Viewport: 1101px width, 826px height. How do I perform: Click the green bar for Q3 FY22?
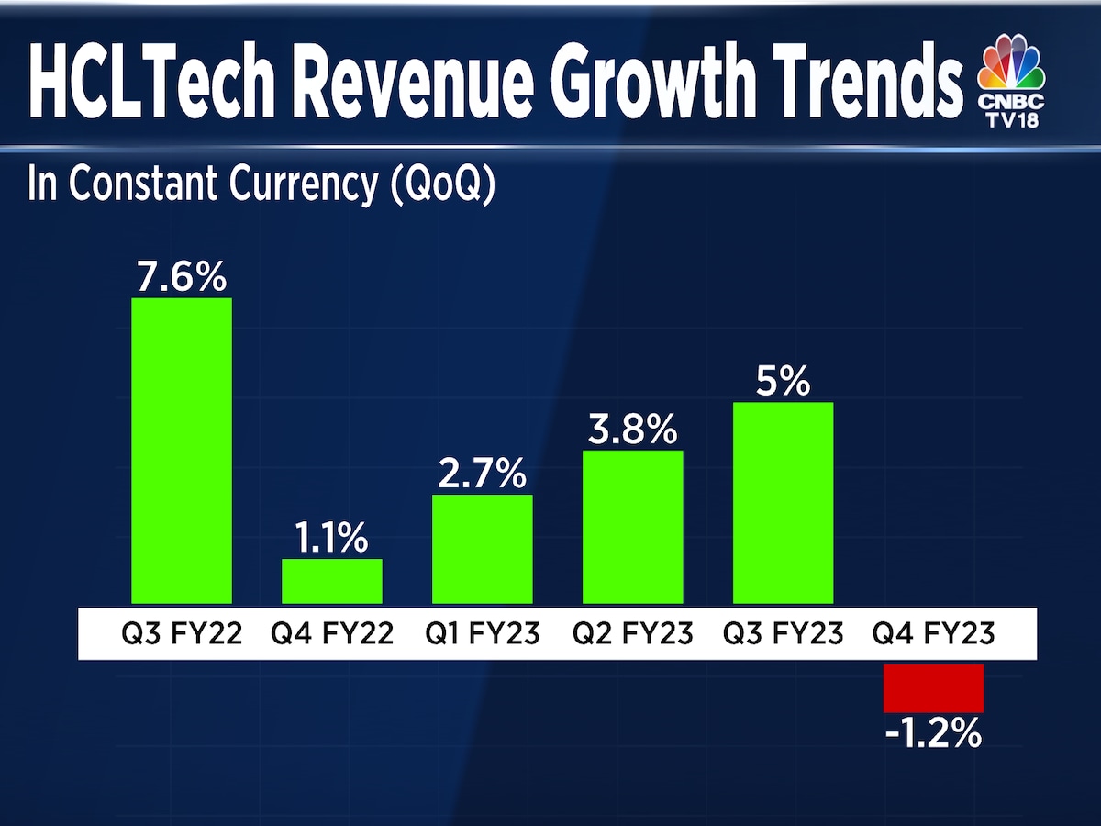click(182, 450)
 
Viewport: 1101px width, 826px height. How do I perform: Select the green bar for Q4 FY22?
click(331, 580)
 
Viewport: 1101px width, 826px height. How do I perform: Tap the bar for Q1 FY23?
click(482, 548)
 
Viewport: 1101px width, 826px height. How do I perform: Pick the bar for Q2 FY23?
click(633, 526)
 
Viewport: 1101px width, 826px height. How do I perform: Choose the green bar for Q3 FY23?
click(783, 502)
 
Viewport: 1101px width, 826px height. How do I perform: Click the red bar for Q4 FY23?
click(933, 688)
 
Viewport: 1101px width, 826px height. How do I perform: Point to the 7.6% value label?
click(182, 276)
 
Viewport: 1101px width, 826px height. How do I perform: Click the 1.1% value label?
click(331, 539)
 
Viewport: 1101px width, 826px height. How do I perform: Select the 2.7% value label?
click(482, 474)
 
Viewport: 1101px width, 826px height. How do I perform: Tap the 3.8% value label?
click(633, 430)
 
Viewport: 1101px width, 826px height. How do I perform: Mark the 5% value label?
click(783, 382)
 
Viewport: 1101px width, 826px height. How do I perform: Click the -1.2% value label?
click(933, 734)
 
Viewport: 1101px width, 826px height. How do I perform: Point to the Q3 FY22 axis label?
click(182, 633)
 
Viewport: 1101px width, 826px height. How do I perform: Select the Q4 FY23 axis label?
click(933, 633)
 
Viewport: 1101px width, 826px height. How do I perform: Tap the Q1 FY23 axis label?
click(482, 633)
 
